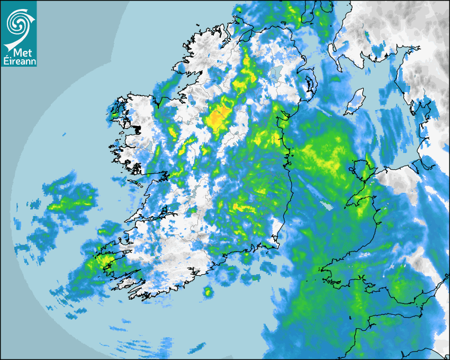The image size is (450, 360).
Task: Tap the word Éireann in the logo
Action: pos(19,61)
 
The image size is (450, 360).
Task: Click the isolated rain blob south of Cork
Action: pos(208,291)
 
